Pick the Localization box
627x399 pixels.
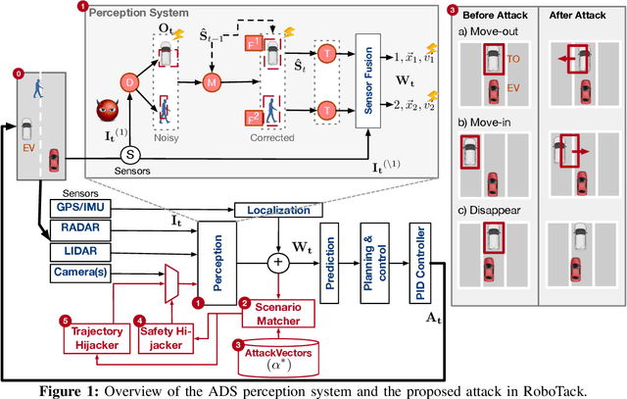pyautogui.click(x=270, y=210)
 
